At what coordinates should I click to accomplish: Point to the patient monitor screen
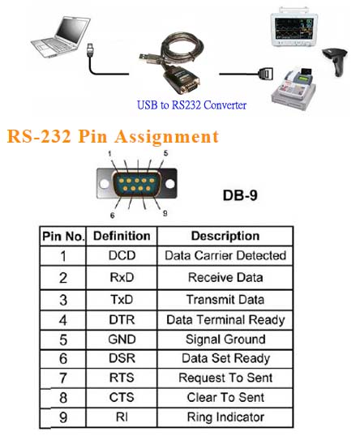click(294, 29)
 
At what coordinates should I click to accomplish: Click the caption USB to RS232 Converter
click(191, 105)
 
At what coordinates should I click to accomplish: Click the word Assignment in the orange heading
click(167, 137)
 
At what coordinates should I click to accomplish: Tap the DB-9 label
click(240, 195)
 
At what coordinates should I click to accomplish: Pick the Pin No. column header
click(63, 237)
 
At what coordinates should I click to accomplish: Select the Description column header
click(225, 236)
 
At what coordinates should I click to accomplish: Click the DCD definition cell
click(122, 255)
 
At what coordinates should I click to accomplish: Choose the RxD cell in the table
click(122, 277)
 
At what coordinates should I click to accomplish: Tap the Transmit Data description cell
click(225, 300)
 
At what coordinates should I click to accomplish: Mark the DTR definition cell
click(122, 319)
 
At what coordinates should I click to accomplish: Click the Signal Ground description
click(225, 340)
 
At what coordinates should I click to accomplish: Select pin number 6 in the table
click(63, 359)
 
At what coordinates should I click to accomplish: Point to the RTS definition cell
click(122, 378)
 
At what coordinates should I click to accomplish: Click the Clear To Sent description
click(225, 397)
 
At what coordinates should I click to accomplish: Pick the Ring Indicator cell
click(225, 417)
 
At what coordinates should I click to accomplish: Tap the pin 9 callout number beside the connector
click(165, 213)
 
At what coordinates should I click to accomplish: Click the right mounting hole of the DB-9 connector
click(170, 184)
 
